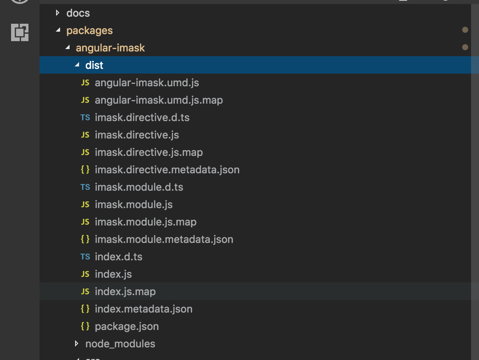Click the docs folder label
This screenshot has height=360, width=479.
point(78,13)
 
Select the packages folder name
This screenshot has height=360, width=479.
point(89,30)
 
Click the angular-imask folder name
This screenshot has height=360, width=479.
point(110,48)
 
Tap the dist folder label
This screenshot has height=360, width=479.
point(94,65)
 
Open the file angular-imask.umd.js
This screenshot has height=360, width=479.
point(147,83)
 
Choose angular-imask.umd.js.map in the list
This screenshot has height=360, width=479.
point(158,100)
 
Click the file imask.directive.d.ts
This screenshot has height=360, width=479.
point(145,117)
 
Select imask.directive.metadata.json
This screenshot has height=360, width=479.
point(167,170)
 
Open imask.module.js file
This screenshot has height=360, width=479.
point(134,205)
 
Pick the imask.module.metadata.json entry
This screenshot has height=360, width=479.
point(164,239)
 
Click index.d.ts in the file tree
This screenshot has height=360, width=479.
point(118,257)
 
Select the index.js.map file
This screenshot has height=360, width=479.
point(125,292)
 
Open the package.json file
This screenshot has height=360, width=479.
point(126,326)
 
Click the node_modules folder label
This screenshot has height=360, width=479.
point(120,344)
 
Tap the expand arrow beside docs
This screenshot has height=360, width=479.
point(58,13)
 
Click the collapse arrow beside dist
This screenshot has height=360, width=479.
point(77,65)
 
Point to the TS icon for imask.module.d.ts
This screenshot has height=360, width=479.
point(85,187)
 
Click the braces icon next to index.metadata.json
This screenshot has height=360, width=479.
point(85,309)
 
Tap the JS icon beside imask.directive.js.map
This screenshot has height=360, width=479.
point(85,152)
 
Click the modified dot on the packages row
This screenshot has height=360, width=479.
point(465,30)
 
